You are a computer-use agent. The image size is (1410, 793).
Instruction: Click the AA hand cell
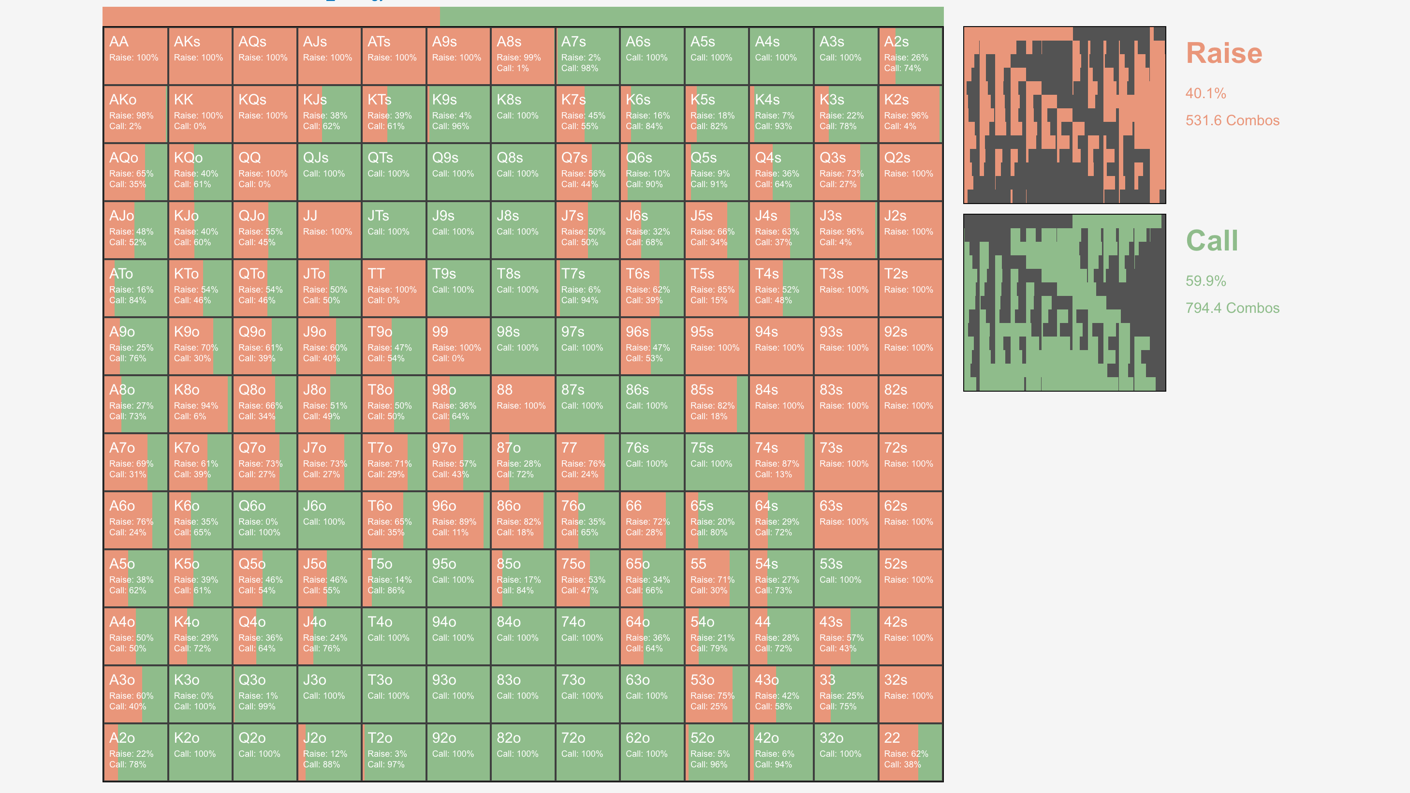135,56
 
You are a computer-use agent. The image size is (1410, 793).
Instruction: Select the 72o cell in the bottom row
587,752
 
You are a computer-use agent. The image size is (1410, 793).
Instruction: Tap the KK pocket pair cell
200,114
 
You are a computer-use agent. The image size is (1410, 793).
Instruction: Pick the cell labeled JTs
394,230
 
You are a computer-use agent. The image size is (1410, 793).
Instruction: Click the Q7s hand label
574,158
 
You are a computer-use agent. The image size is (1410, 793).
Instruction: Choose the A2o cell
135,752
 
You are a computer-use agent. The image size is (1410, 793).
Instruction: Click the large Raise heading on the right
1224,53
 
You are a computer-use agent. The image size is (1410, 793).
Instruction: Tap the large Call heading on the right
1212,240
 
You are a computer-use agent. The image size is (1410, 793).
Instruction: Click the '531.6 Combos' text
1232,120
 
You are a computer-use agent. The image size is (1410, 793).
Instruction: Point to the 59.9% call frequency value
1206,281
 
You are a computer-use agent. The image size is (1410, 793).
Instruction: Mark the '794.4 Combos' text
1232,308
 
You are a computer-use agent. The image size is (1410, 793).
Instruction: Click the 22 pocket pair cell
910,752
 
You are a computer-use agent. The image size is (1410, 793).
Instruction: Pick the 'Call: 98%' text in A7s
580,68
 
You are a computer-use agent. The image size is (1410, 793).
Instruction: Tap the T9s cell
458,288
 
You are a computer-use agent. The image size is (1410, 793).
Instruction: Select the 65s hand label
702,506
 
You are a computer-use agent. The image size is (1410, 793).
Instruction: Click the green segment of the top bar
691,16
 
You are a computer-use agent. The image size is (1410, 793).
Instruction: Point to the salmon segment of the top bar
271,16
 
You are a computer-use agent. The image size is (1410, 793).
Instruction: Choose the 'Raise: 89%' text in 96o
454,522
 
